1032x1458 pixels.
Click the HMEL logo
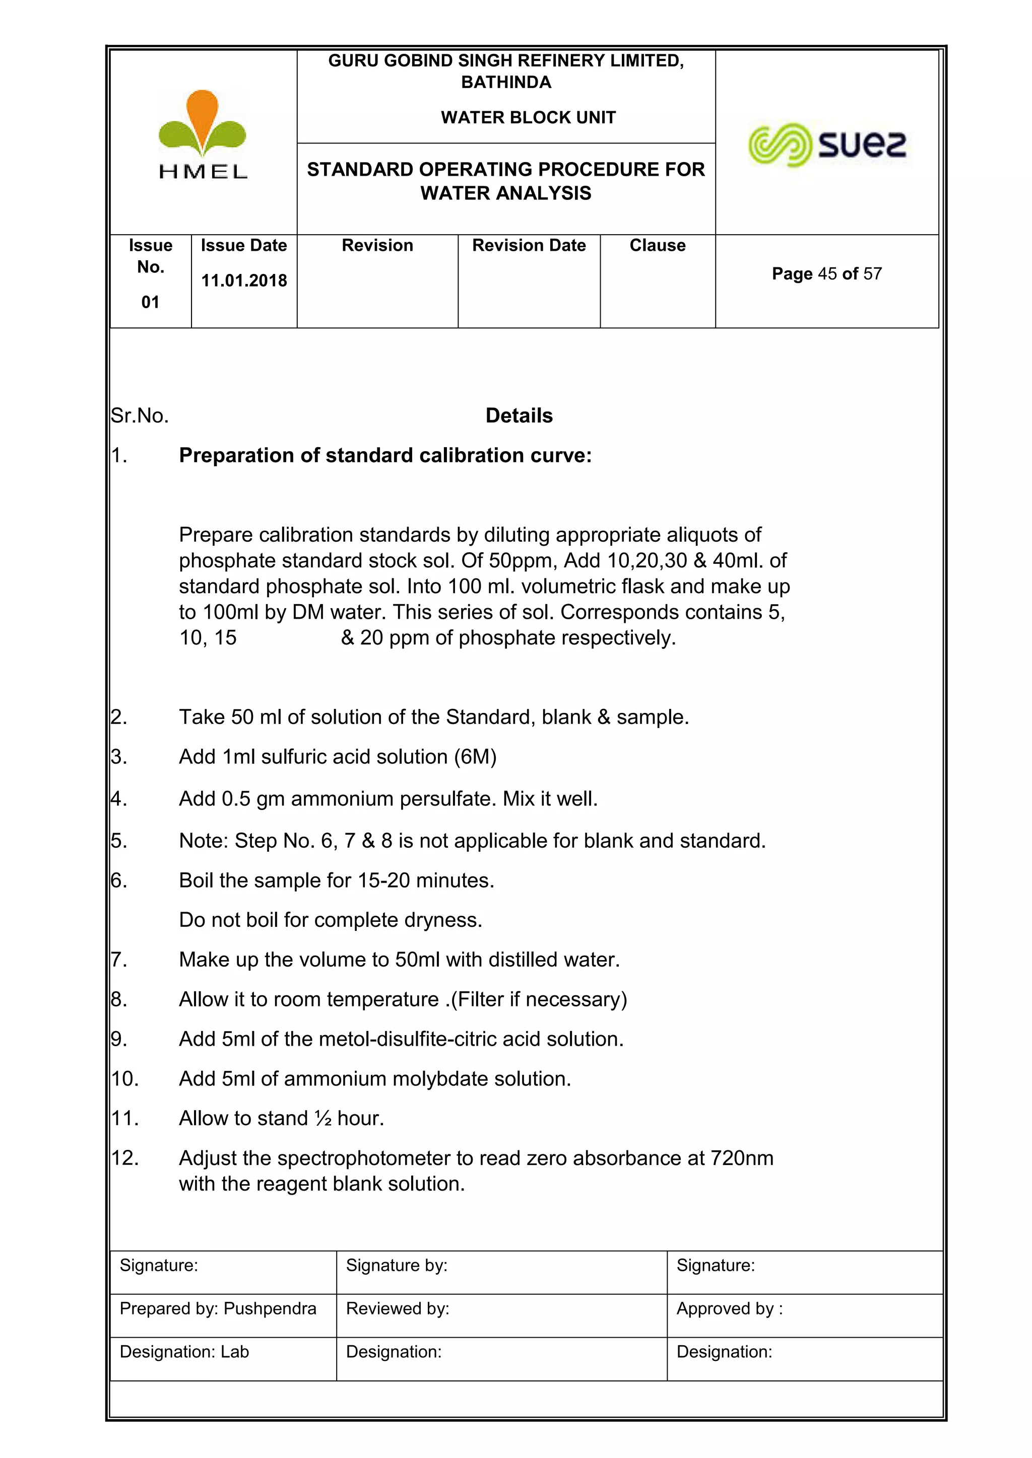point(202,134)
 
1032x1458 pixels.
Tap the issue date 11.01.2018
point(244,281)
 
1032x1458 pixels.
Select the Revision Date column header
point(529,246)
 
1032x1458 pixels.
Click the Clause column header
point(657,246)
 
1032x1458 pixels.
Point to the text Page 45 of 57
point(827,274)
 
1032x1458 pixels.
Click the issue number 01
point(150,302)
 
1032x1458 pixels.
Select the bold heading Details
point(519,416)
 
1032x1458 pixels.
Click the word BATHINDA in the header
point(506,83)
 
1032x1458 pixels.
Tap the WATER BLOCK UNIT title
point(528,117)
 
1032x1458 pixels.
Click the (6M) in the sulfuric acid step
point(475,757)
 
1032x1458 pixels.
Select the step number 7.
point(119,960)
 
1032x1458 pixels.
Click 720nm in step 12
point(742,1158)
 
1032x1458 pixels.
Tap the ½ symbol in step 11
point(323,1119)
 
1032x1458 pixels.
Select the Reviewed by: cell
point(398,1309)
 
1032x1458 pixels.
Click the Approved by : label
point(730,1309)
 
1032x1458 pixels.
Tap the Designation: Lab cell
point(184,1352)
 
